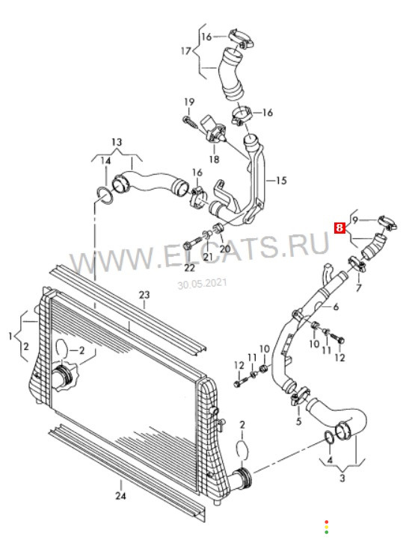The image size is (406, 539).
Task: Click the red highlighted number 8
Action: click(x=339, y=228)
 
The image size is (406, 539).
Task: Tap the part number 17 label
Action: click(x=186, y=52)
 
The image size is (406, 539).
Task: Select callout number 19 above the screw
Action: click(x=189, y=102)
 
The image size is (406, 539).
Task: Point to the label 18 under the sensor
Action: click(x=214, y=159)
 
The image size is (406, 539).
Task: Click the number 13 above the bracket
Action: click(x=117, y=142)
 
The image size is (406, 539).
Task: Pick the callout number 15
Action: click(x=281, y=180)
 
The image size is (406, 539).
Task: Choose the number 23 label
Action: click(x=144, y=295)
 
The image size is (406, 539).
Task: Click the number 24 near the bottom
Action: click(x=121, y=496)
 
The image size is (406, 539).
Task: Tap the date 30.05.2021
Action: click(x=202, y=284)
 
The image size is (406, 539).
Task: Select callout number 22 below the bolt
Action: click(x=189, y=267)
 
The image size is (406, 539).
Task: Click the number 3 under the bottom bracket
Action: click(x=342, y=478)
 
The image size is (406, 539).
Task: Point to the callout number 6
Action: click(x=336, y=306)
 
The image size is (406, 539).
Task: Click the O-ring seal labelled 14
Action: click(x=105, y=195)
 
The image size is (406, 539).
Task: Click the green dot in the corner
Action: click(x=326, y=532)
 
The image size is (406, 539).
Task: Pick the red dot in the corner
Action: click(x=326, y=522)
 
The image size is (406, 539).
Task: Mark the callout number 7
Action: click(x=358, y=287)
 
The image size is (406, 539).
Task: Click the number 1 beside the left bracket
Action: click(x=10, y=336)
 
